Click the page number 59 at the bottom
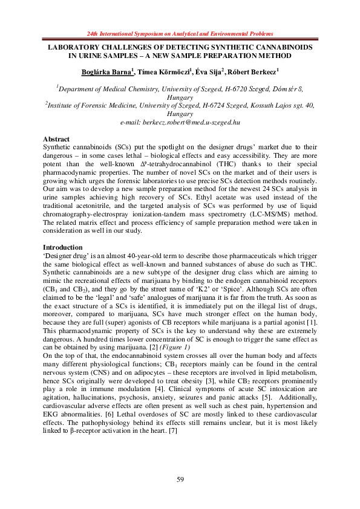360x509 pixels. click(180, 479)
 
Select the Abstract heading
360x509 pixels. click(57, 139)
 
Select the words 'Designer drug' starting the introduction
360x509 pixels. click(68, 256)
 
